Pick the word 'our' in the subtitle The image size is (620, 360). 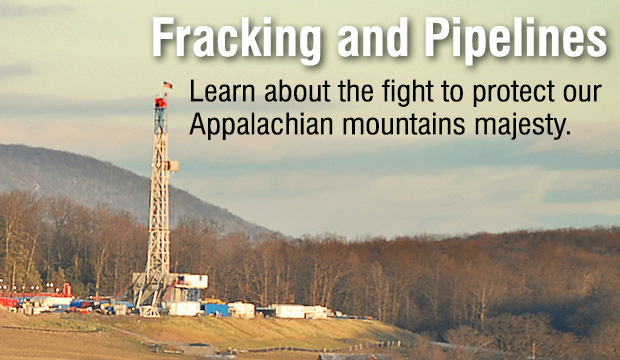click(582, 94)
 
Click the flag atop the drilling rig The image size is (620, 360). click(168, 86)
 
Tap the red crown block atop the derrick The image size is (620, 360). click(160, 102)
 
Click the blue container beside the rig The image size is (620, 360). click(216, 310)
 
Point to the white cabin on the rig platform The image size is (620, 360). click(190, 281)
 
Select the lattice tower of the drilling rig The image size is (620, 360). click(159, 200)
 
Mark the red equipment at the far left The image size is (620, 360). click(8, 301)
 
